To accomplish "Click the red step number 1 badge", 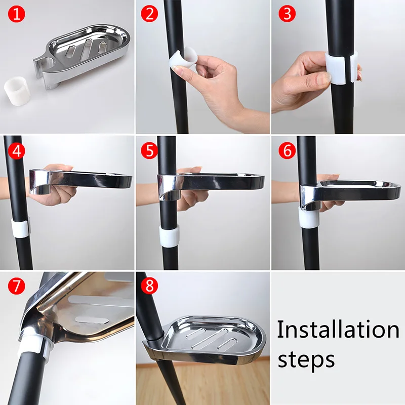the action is (17, 14).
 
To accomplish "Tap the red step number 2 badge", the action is (149, 14).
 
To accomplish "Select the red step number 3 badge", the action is (287, 14).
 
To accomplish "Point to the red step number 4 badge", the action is (17, 151).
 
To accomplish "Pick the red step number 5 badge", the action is (149, 151).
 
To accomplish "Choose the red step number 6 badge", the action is (287, 151).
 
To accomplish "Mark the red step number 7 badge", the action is (17, 286).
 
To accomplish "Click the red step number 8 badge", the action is (149, 286).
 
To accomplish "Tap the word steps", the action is (306, 359).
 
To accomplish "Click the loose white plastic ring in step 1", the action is (17, 92).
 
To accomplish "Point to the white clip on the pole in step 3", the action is (341, 68).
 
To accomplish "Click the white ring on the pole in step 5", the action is (169, 235).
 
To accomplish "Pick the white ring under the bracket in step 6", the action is (309, 217).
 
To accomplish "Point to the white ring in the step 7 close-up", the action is (33, 344).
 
